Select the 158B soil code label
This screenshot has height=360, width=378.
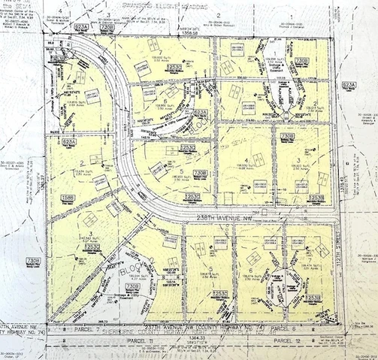pyautogui.click(x=68, y=198)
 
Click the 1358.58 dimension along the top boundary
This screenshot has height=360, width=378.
pyautogui.click(x=189, y=33)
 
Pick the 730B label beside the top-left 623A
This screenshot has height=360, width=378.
pyautogui.click(x=107, y=28)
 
